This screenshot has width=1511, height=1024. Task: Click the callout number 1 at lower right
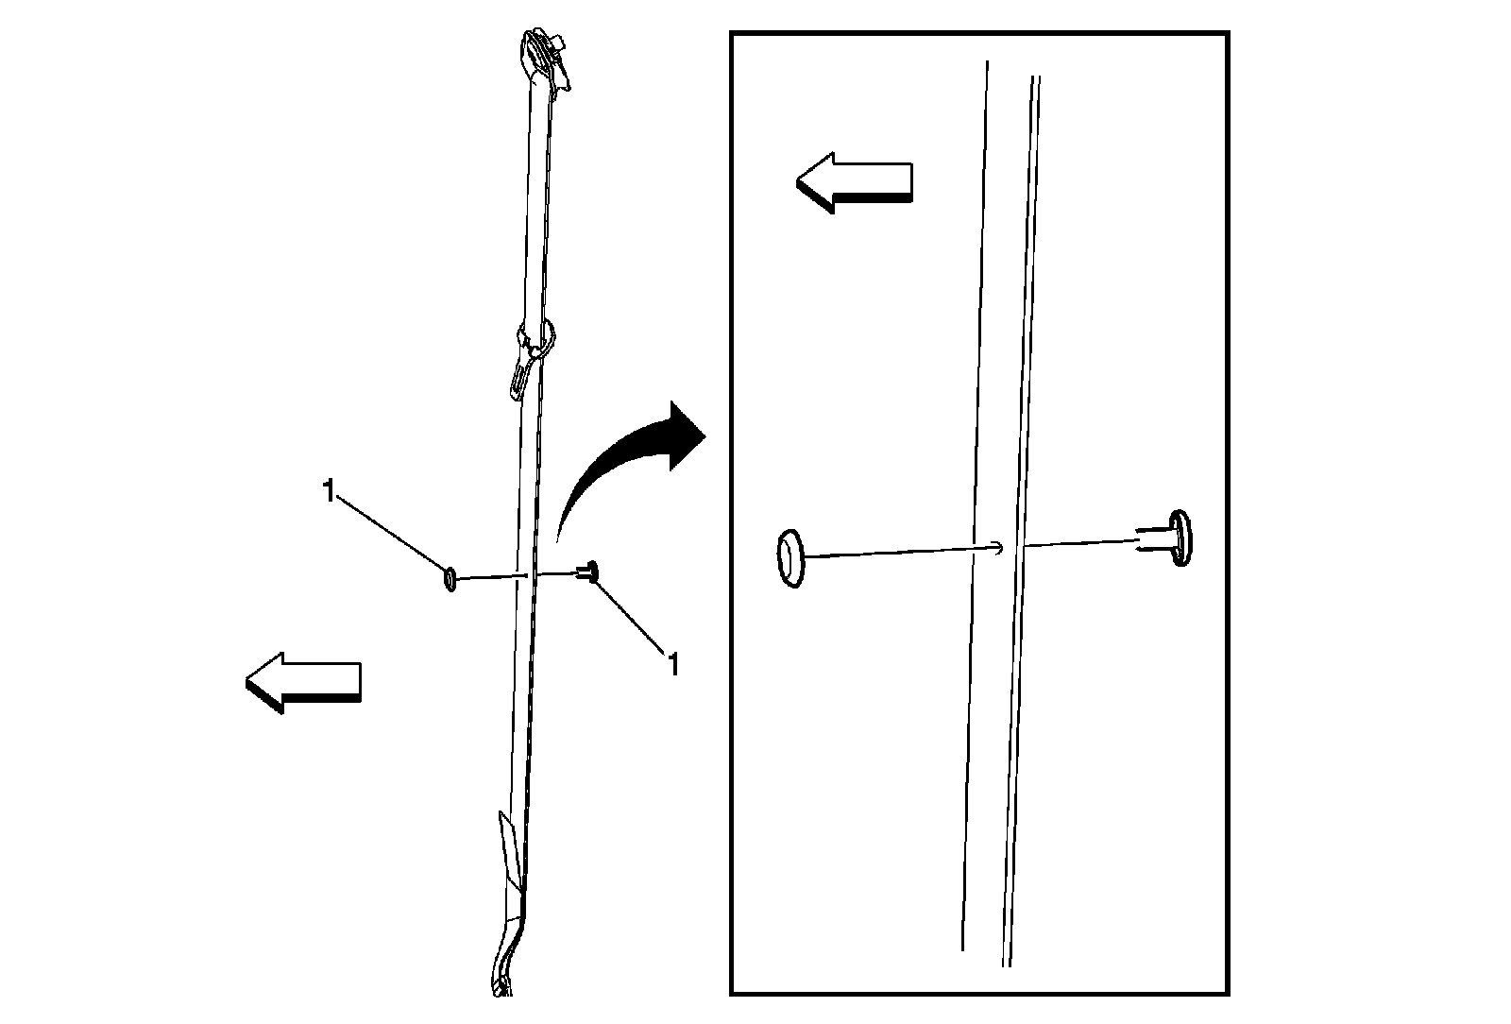[x=672, y=664]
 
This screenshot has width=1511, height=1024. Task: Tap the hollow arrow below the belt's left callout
[x=303, y=682]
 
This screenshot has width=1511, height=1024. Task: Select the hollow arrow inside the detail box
[x=855, y=182]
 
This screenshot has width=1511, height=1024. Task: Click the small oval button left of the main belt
[x=450, y=579]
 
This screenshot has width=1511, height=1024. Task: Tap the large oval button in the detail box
[x=790, y=558]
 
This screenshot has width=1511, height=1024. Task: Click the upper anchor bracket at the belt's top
[x=545, y=60]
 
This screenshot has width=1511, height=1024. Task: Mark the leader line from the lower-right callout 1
[x=629, y=616]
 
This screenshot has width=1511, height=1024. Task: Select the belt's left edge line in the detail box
[x=975, y=505]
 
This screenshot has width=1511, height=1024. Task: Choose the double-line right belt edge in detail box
[x=1021, y=521]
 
